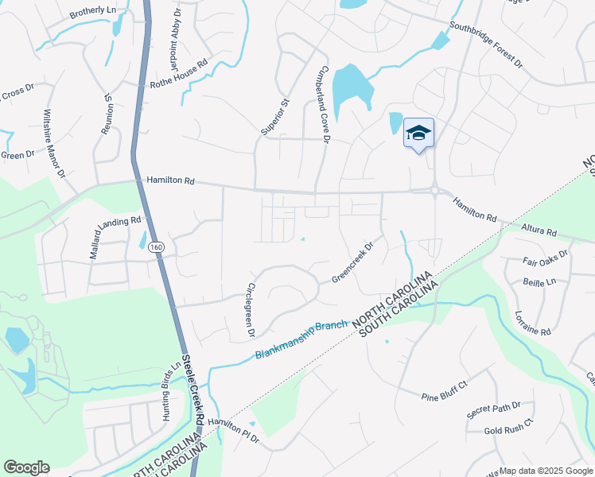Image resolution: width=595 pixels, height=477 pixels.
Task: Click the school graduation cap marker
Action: (x=418, y=134)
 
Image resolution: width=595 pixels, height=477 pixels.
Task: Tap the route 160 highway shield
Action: (x=157, y=247)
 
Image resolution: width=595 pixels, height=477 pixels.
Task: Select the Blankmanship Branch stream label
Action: (x=301, y=339)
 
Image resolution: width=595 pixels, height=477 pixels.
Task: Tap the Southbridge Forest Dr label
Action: (x=485, y=44)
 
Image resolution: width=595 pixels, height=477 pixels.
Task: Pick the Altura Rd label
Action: (x=539, y=231)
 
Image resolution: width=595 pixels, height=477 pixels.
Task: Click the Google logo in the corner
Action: (x=26, y=467)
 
